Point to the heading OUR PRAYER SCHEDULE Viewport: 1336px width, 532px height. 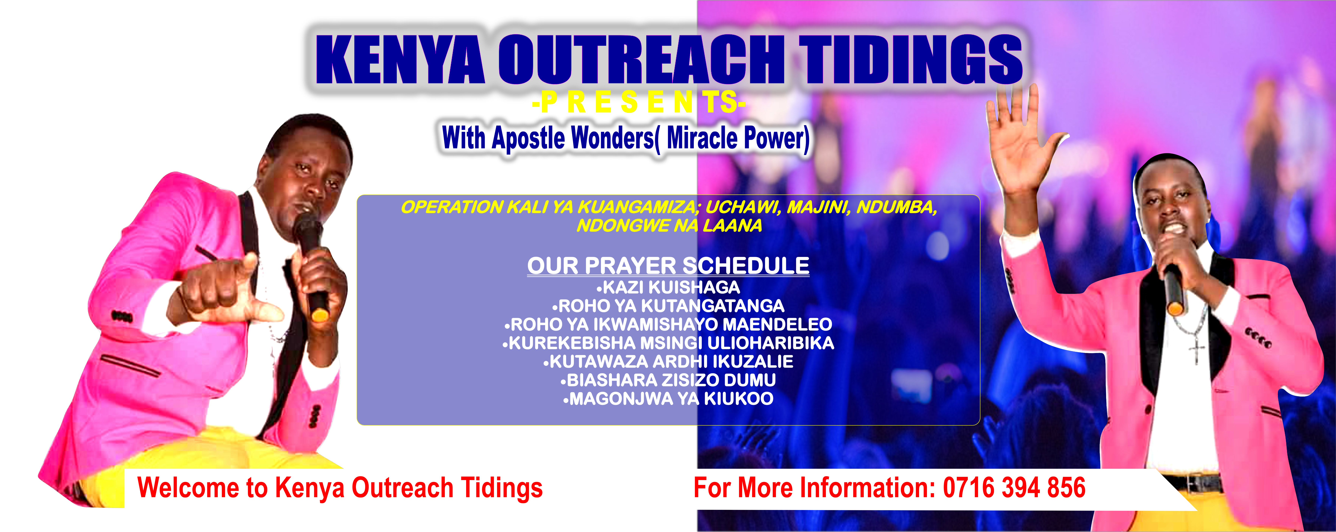coord(668,266)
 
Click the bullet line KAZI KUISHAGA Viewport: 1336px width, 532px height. coord(669,287)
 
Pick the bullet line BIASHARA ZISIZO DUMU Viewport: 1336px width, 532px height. coord(669,380)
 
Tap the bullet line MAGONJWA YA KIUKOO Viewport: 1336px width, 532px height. coord(669,399)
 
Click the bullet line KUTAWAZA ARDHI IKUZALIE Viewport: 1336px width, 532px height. coord(669,361)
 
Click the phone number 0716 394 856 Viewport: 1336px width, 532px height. coord(1014,488)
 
